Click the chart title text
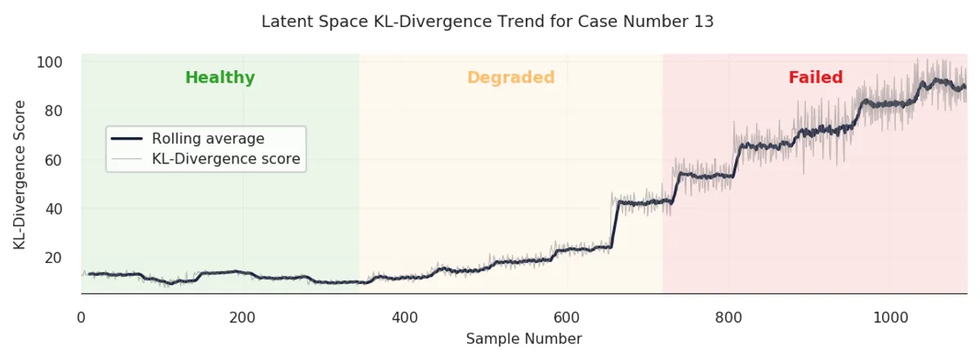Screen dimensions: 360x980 click(488, 22)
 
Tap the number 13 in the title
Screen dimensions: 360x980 click(705, 22)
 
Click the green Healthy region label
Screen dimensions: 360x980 click(220, 78)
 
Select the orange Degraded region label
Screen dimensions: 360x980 click(510, 78)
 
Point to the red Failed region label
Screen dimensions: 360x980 click(815, 78)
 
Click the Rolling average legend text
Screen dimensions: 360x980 click(207, 139)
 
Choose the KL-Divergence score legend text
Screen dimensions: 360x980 click(225, 159)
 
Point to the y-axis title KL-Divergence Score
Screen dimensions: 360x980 click(20, 175)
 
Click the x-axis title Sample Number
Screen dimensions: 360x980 click(523, 339)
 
